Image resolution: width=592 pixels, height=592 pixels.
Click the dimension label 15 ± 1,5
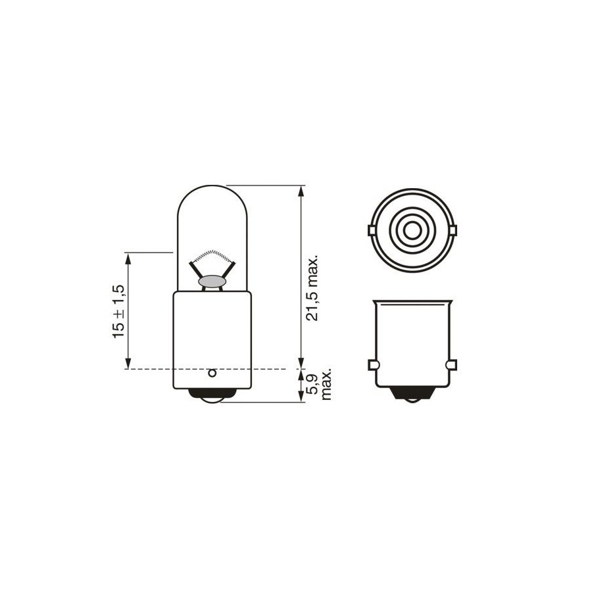(118, 312)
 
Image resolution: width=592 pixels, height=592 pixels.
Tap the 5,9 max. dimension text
(320, 383)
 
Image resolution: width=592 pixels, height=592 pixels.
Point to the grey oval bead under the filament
(212, 282)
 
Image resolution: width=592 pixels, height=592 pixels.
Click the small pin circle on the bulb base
(212, 373)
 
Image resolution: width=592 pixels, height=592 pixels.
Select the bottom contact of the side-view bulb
(212, 395)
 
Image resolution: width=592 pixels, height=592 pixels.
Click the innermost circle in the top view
(412, 230)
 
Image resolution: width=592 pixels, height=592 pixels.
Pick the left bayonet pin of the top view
(370, 230)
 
